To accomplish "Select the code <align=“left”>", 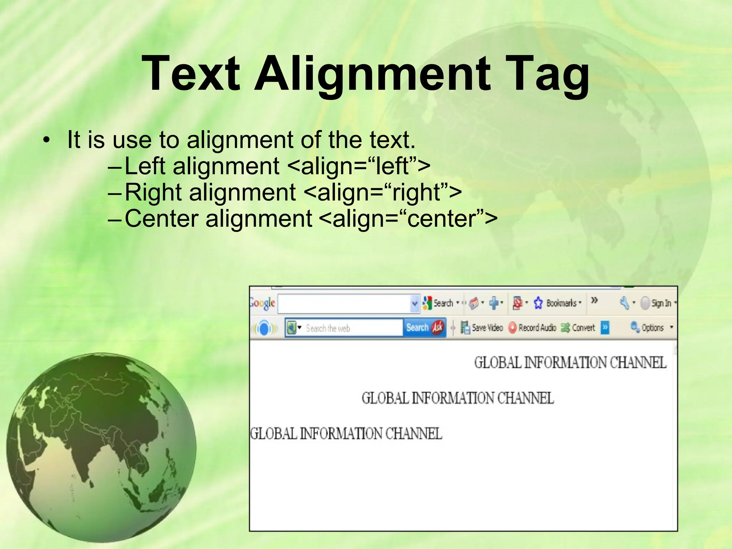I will point(358,166).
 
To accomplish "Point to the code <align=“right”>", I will point(382,192).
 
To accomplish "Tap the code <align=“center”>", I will point(407,219).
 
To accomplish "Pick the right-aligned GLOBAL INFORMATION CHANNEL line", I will point(570,362).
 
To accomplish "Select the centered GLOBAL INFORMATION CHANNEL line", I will point(457,398).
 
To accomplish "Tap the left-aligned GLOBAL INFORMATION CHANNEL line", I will point(346,434).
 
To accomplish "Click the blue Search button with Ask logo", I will point(425,327).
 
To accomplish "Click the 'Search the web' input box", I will point(352,328).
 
